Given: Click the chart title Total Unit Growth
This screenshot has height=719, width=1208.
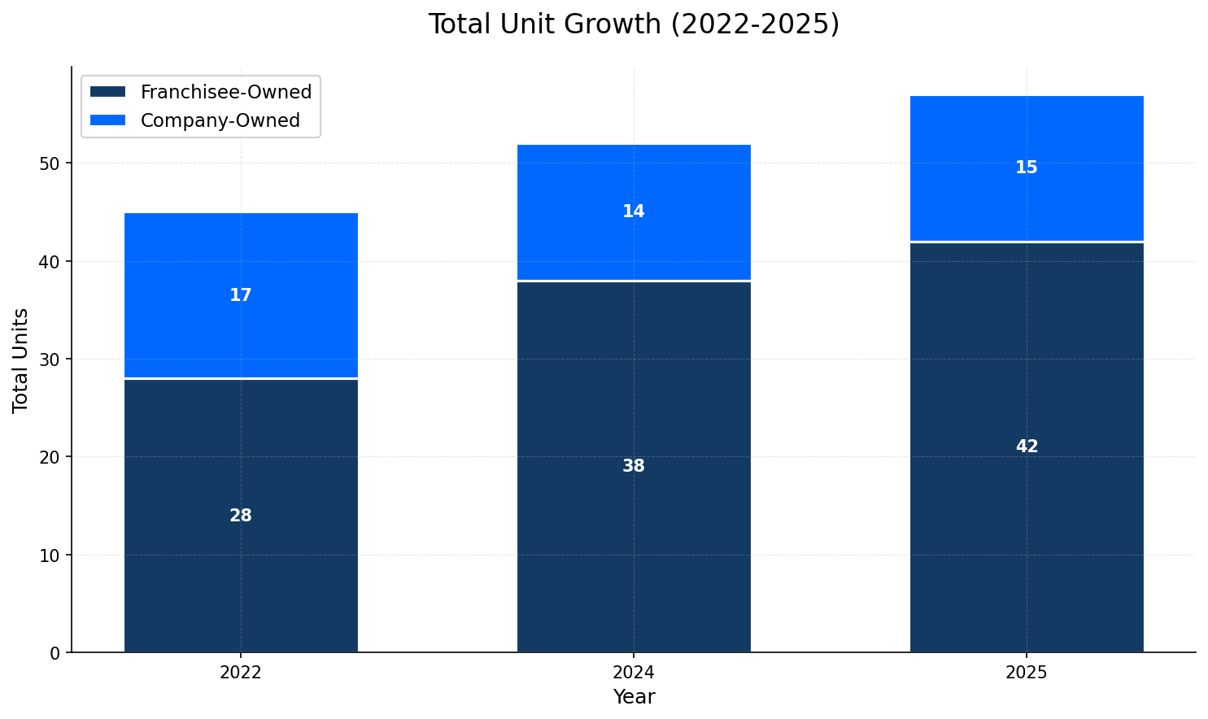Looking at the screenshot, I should (x=633, y=24).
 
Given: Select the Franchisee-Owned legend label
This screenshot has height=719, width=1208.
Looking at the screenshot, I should (x=225, y=92).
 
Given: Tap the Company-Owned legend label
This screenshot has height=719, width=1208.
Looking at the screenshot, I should (x=220, y=120).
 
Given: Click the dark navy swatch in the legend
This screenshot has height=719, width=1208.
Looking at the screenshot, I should (x=107, y=92).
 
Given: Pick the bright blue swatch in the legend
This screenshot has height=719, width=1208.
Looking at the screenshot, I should (x=107, y=120).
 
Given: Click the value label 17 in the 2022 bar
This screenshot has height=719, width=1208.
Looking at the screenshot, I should (x=241, y=295).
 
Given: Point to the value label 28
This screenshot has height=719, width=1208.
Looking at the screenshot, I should (x=241, y=516).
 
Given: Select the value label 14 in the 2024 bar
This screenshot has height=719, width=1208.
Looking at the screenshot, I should (x=633, y=211).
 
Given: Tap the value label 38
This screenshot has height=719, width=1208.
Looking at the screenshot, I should (x=633, y=466).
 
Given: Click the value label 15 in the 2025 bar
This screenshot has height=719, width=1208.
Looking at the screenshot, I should (x=1026, y=168).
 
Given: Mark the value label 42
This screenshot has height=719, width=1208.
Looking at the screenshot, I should (x=1026, y=447).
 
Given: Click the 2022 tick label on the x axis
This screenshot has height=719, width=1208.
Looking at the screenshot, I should (x=241, y=673).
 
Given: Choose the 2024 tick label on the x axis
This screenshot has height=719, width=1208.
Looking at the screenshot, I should (x=633, y=673).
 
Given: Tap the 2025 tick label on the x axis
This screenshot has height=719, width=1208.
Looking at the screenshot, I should (x=1026, y=673).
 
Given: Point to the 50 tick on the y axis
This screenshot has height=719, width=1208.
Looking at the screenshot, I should (x=50, y=163).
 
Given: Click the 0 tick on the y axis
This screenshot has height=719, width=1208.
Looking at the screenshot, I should (x=55, y=653).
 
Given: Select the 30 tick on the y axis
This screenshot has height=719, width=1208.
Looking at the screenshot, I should (x=50, y=359).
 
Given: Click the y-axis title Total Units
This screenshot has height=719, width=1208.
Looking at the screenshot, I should (x=21, y=359).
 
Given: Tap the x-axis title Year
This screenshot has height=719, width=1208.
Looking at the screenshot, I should (x=633, y=697).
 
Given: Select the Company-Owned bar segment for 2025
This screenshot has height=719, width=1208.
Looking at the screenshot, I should (x=1026, y=195).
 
